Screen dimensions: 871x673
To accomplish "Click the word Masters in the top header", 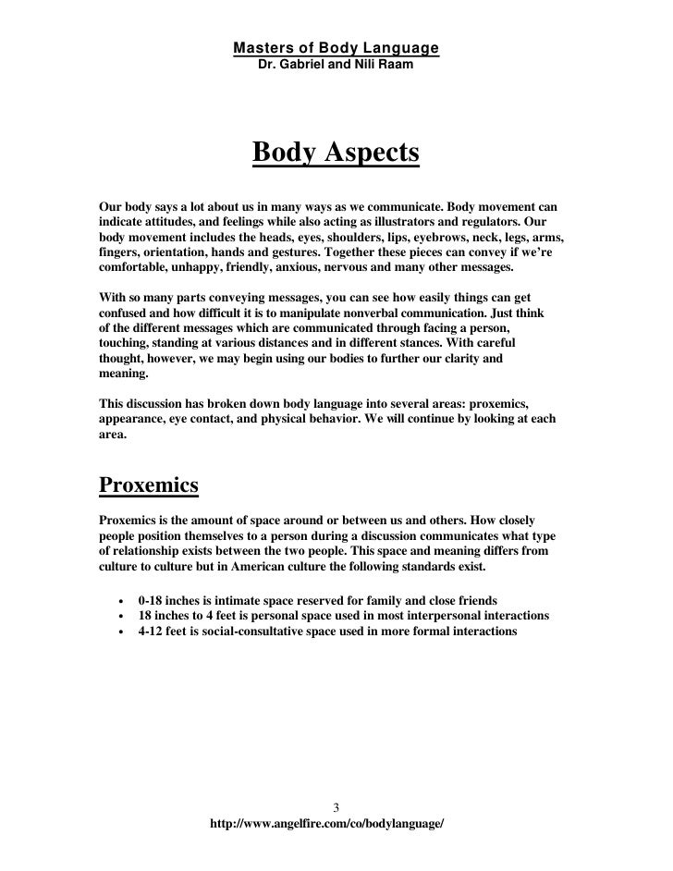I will click(260, 48).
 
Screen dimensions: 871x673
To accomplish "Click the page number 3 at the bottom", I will click(336, 804).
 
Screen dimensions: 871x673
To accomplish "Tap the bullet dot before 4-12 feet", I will click(119, 632).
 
